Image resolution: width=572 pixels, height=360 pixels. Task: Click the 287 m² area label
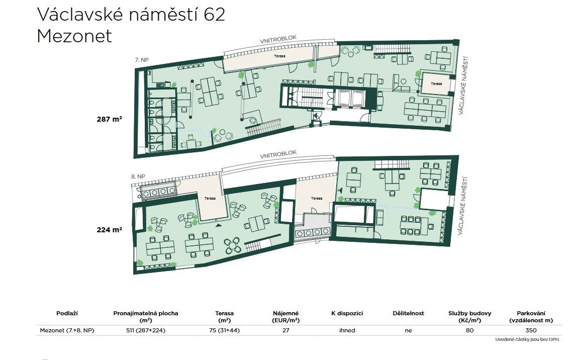click(x=109, y=119)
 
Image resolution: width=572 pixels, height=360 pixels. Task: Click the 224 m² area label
click(x=109, y=230)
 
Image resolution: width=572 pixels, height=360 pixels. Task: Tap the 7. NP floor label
click(x=142, y=60)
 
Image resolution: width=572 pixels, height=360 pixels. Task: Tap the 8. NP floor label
click(x=138, y=176)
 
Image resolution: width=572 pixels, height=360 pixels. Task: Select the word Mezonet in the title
click(x=74, y=36)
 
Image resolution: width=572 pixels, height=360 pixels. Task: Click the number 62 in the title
click(x=215, y=15)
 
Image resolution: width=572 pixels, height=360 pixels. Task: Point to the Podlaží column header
click(x=67, y=313)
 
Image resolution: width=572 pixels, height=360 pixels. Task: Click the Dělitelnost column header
click(x=408, y=313)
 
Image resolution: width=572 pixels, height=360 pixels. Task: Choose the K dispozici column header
click(x=347, y=313)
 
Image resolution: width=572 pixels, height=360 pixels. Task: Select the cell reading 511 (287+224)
click(x=146, y=330)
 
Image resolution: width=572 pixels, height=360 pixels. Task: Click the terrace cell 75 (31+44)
click(x=224, y=330)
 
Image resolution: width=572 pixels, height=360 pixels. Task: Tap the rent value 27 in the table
click(x=285, y=330)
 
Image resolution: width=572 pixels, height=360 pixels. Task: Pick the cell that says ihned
click(x=347, y=330)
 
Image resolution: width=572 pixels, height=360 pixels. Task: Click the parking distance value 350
click(x=531, y=330)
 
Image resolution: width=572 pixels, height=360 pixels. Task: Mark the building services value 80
click(x=469, y=330)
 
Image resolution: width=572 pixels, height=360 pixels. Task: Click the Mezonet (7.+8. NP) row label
click(x=67, y=330)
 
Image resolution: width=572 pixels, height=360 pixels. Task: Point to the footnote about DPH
click(x=527, y=339)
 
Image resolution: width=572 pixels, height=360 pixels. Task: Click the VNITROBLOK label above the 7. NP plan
click(x=278, y=40)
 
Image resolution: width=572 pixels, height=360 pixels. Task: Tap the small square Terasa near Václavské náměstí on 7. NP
click(x=436, y=83)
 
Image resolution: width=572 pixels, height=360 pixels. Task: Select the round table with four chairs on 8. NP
click(x=233, y=246)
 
